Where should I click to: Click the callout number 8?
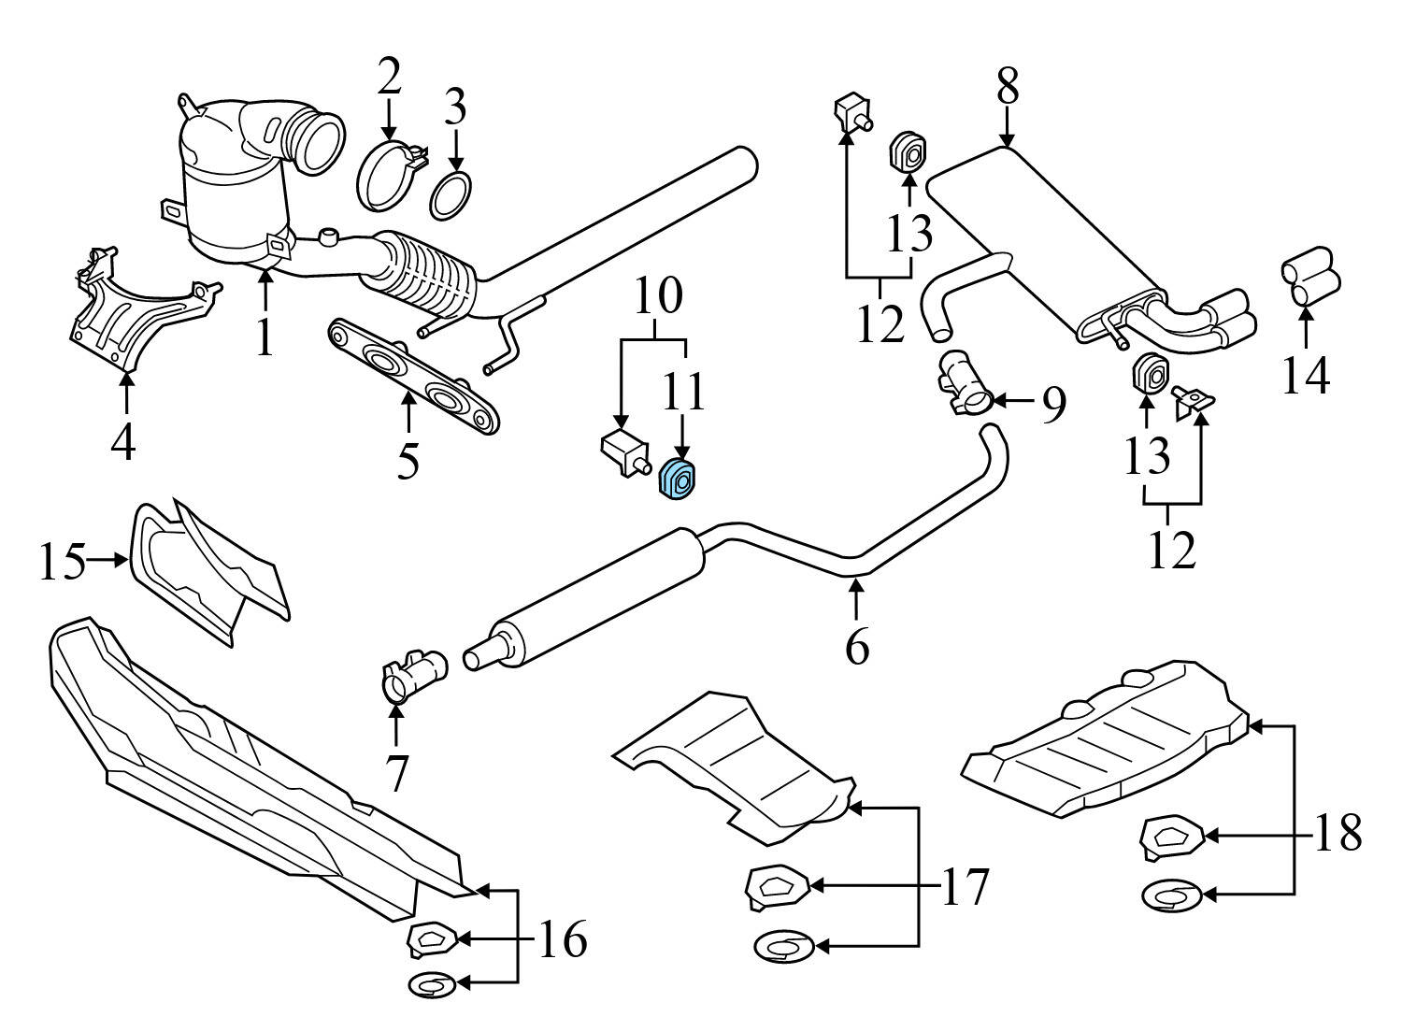[x=1007, y=88]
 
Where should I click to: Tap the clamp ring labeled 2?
[x=386, y=173]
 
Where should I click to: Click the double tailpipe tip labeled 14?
[x=1309, y=277]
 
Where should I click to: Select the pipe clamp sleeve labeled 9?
[x=963, y=384]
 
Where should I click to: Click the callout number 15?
[x=63, y=562]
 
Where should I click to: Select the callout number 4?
[x=122, y=444]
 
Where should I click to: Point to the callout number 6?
[x=857, y=646]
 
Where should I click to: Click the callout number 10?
[x=659, y=296]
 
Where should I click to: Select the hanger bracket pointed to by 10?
[x=621, y=452]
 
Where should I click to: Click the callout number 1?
[x=265, y=337]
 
